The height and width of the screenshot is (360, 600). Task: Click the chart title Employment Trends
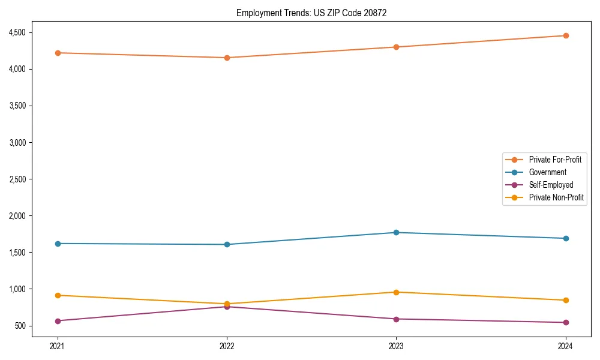(x=311, y=13)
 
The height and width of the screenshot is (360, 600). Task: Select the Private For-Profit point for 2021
(x=58, y=53)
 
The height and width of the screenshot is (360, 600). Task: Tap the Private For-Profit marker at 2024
(x=565, y=35)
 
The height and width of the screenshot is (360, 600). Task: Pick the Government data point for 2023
(x=396, y=232)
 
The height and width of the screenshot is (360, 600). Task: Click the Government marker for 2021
(x=58, y=244)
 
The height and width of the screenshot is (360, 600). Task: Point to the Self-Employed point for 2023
(x=396, y=319)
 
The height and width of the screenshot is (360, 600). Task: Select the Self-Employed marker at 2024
(x=565, y=322)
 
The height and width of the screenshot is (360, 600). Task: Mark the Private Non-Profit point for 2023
(x=396, y=292)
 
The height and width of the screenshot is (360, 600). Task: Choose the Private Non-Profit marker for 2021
(x=58, y=295)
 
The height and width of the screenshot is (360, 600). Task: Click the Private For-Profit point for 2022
(x=227, y=58)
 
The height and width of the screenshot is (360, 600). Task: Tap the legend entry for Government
(x=547, y=172)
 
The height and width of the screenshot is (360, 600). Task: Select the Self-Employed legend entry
(x=551, y=185)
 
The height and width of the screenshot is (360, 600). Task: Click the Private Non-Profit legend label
(x=556, y=197)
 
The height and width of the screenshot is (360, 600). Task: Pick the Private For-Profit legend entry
(x=555, y=160)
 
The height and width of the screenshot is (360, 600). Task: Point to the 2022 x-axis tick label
(x=227, y=346)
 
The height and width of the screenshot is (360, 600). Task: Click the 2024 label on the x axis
(x=565, y=346)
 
